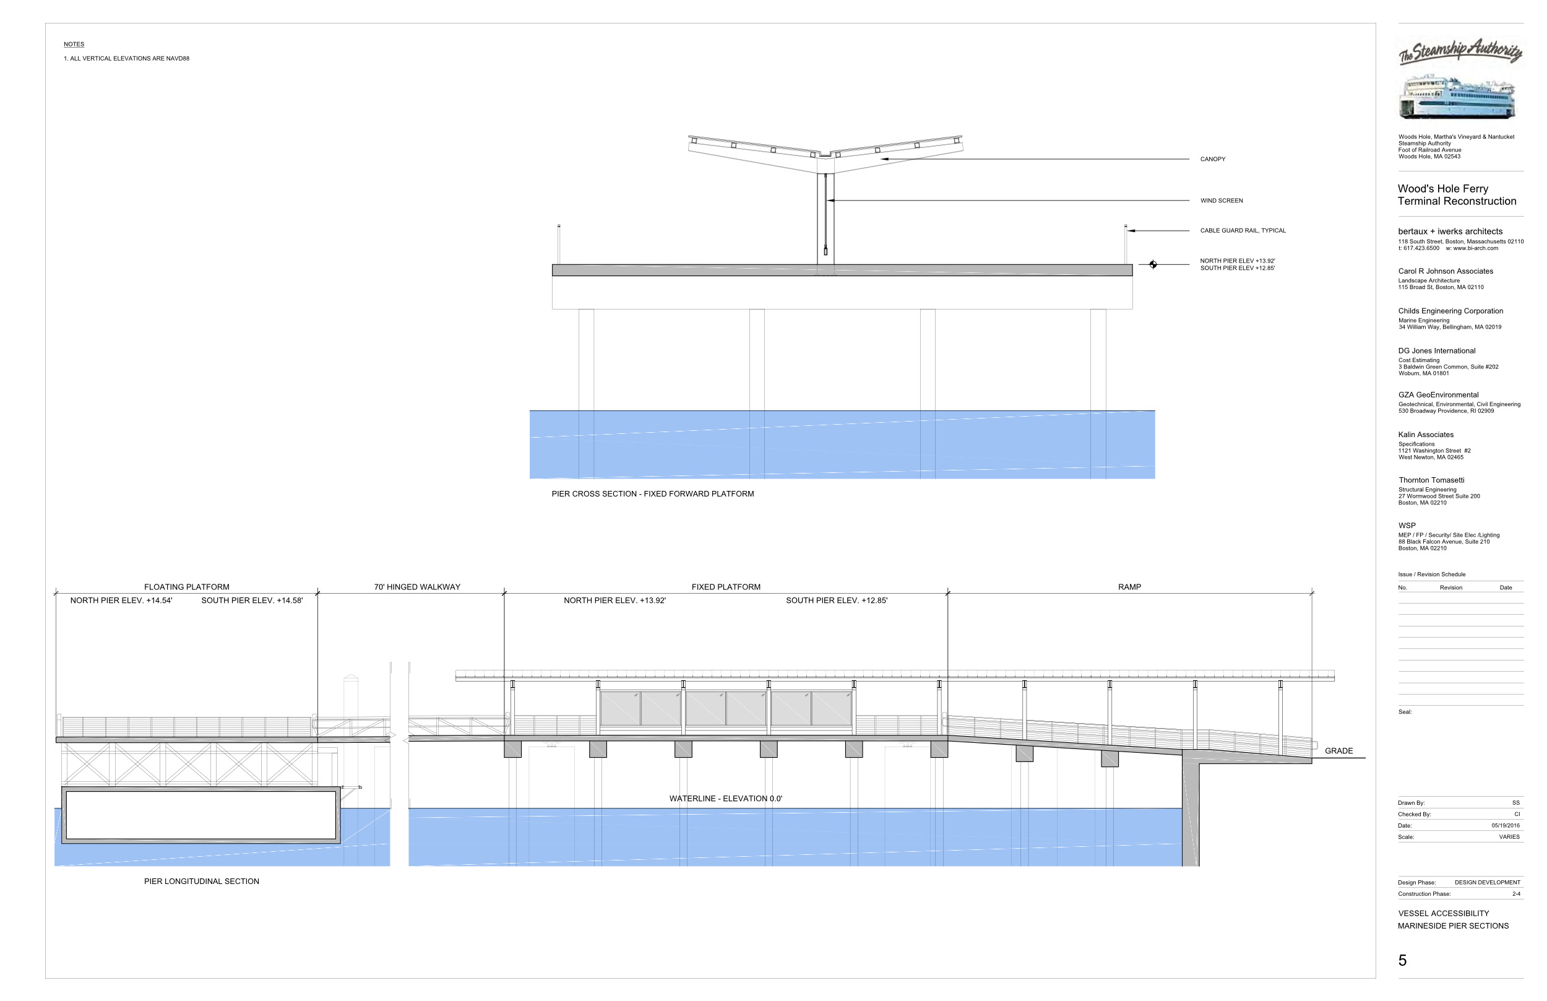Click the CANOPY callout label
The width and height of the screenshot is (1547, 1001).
1212,159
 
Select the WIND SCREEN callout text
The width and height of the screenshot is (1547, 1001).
1221,201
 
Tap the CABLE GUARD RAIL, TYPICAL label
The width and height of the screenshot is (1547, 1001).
1243,231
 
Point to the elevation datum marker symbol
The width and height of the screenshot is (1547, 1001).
1152,264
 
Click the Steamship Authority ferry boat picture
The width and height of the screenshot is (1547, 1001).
1455,97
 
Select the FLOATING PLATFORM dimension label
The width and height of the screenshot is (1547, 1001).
186,587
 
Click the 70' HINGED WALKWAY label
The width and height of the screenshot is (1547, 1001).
416,587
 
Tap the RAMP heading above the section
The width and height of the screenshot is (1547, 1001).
1129,587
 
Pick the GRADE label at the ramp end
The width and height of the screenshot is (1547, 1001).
1338,751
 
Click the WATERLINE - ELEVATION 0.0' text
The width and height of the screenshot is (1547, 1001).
725,799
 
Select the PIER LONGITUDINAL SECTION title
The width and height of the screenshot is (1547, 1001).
201,882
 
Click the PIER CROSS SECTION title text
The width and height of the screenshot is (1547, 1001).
652,494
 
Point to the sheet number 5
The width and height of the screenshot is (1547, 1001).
1402,961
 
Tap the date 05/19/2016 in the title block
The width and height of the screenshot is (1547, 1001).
1505,826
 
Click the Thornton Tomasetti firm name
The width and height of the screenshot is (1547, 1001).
1431,480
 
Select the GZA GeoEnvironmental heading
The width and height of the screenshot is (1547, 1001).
1438,395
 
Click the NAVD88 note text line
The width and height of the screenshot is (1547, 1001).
126,58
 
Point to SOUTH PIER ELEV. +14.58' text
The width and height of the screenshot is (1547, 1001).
251,600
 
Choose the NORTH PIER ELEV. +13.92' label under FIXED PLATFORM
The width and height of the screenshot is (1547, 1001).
614,600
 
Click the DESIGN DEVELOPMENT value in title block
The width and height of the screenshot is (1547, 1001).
1486,883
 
